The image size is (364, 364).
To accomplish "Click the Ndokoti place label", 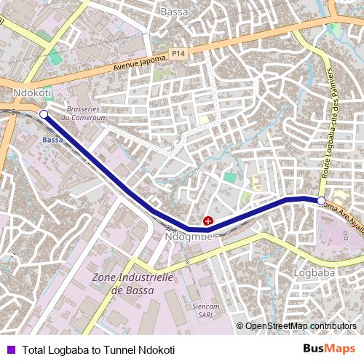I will tap(33, 94).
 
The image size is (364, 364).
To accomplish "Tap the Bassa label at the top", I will tap(175, 12).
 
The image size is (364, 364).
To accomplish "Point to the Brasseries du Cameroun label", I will tap(86, 114).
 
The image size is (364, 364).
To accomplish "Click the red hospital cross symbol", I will tap(208, 221).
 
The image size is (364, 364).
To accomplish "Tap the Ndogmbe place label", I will tap(189, 237).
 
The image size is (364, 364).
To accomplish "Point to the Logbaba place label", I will tap(312, 272).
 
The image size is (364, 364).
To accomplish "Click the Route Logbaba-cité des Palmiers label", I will tap(331, 120).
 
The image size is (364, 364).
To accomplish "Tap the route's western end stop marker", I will tap(43, 114).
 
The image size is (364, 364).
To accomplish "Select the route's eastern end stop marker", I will tap(321, 199).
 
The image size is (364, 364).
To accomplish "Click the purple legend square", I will tap(10, 350).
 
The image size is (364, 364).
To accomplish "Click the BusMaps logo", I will tap(329, 349).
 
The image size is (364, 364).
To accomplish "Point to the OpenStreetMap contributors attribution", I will tap(300, 326).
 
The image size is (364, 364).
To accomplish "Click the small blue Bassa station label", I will tap(52, 139).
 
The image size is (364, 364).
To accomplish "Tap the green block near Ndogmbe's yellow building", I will tap(230, 178).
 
